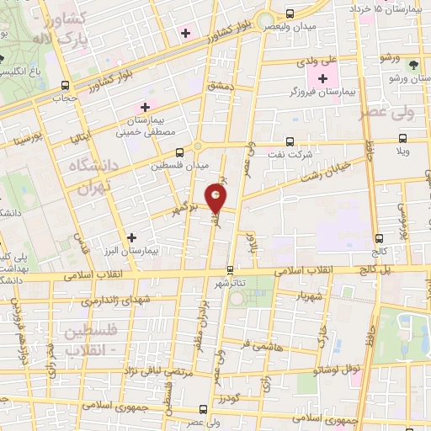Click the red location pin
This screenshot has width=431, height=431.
[x=216, y=200]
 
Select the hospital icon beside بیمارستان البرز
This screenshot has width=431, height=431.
[x=130, y=237]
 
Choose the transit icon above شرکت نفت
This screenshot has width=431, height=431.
[x=290, y=142]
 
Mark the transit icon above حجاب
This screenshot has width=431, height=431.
[x=64, y=85]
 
